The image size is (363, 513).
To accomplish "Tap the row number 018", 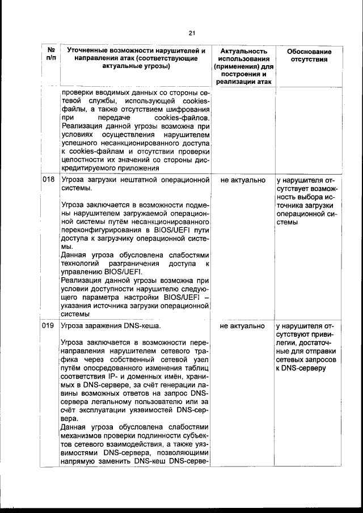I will coord(48,180).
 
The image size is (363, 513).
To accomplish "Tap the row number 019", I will coord(48,327).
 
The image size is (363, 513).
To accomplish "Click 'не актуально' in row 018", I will coord(243,180).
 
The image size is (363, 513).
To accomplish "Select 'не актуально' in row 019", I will coord(243,327).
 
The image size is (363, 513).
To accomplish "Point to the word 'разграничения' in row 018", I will coord(140,264).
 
